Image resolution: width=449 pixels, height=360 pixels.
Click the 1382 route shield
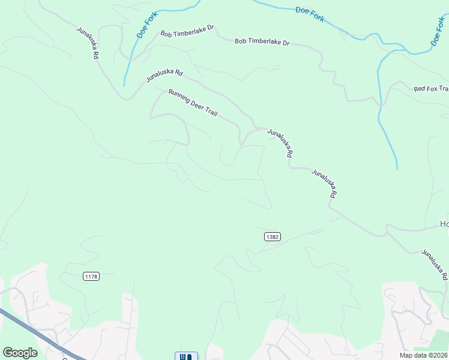click(x=272, y=237)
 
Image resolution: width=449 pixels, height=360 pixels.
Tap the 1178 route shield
click(x=91, y=276)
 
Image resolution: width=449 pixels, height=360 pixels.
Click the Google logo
click(x=20, y=353)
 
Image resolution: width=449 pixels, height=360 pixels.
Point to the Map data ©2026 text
click(x=423, y=355)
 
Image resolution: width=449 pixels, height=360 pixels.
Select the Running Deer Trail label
click(x=193, y=103)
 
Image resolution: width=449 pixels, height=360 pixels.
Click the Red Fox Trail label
click(x=431, y=89)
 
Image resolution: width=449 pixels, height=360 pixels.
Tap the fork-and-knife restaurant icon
click(x=186, y=356)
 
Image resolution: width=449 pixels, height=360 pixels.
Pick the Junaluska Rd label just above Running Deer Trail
click(x=164, y=75)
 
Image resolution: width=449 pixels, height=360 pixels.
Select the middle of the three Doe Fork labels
click(x=310, y=14)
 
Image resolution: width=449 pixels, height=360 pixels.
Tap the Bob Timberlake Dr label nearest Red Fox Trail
click(x=262, y=42)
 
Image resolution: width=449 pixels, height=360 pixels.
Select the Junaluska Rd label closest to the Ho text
click(x=435, y=265)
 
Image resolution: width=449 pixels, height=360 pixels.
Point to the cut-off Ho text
click(x=444, y=224)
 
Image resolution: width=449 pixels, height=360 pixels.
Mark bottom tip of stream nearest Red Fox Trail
click(x=397, y=168)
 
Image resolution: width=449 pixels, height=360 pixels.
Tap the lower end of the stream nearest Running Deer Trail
click(x=124, y=85)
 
